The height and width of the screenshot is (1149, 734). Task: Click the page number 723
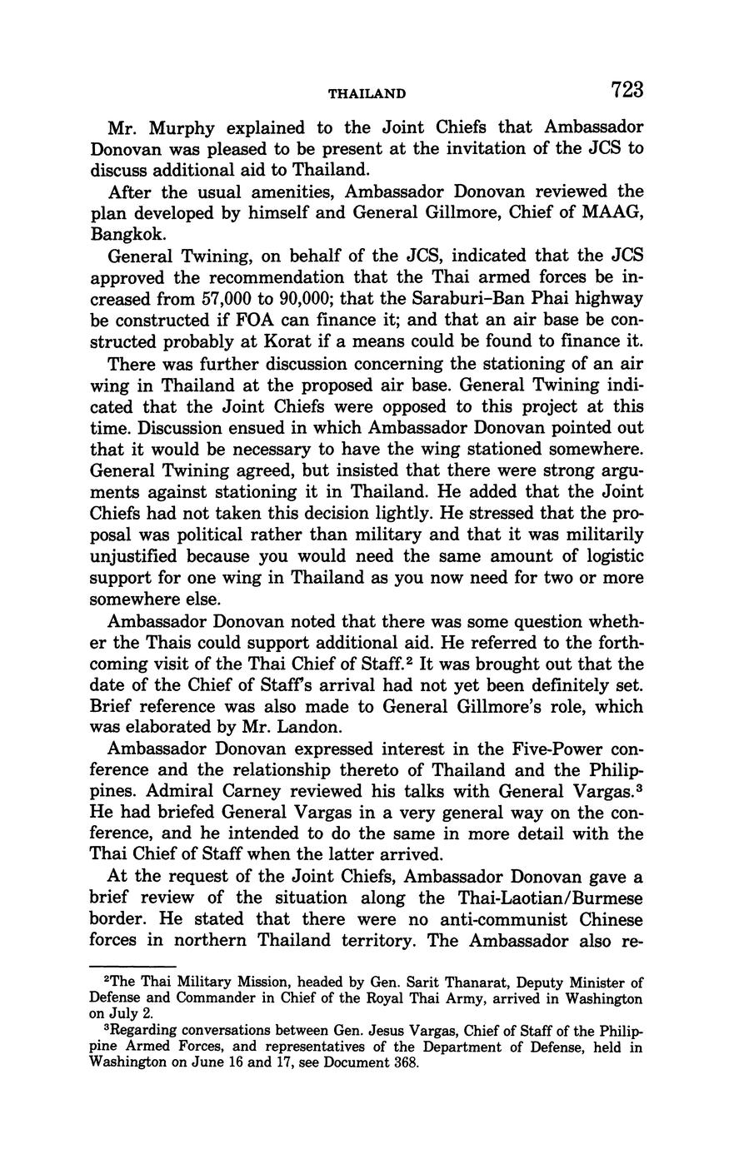point(627,90)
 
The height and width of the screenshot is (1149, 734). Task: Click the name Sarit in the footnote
point(406,984)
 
